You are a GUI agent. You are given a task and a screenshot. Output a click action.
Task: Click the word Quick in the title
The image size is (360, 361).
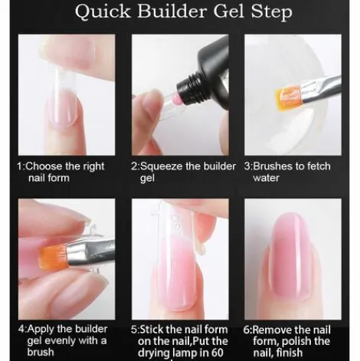coord(103,11)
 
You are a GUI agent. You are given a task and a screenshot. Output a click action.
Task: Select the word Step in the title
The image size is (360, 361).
coord(271,11)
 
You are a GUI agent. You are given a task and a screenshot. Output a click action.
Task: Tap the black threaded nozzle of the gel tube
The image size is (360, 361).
coord(189,89)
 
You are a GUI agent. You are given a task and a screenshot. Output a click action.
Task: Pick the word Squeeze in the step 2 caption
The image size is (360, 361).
coord(161,167)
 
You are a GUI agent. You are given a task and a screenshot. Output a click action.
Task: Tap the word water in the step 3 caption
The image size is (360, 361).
coord(266,178)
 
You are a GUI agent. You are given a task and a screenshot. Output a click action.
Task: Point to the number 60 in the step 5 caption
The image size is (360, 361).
coord(218,353)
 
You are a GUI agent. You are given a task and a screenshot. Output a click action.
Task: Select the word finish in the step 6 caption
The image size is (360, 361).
coord(289,353)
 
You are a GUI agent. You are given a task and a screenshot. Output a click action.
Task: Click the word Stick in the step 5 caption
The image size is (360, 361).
coord(152,330)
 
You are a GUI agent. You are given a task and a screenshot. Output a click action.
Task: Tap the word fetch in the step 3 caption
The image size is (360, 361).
coord(319,166)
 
